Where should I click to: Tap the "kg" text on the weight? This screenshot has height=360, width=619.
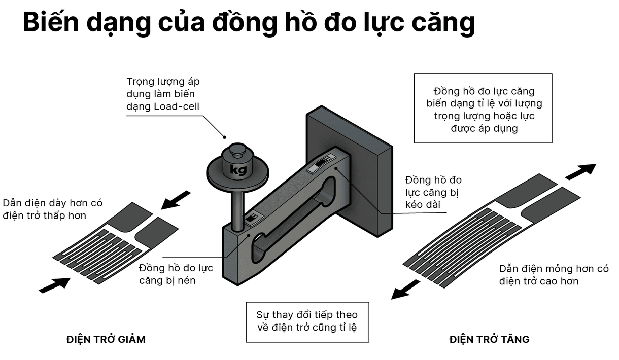[x=237, y=169]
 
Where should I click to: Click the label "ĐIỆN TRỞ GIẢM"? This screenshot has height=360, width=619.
[x=106, y=339]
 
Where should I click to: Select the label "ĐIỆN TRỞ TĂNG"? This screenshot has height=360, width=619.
[x=489, y=339]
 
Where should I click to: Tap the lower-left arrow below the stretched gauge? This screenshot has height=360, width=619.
[x=405, y=290]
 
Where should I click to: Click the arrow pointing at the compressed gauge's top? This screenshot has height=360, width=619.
[x=175, y=200]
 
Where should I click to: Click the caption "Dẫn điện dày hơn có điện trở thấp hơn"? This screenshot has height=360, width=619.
[x=52, y=209]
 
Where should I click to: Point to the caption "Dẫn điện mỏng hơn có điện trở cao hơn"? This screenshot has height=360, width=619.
[x=554, y=274]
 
